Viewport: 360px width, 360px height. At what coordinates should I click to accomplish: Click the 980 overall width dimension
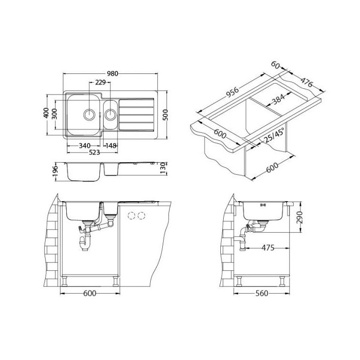(112, 74)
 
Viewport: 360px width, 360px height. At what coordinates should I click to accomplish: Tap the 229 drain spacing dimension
(100, 82)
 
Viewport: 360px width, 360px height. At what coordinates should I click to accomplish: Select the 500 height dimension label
(165, 115)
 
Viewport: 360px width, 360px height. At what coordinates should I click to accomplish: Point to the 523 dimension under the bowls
(94, 152)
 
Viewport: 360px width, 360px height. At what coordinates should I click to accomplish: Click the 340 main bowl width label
(84, 145)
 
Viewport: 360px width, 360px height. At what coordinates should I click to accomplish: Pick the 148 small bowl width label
(111, 145)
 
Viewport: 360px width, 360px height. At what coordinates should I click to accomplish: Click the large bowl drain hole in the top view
(89, 114)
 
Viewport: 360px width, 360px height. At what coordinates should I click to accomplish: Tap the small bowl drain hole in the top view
(111, 114)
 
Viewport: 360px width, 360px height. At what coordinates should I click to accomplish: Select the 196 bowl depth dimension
(55, 172)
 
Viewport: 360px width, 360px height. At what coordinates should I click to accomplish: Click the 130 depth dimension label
(163, 168)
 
